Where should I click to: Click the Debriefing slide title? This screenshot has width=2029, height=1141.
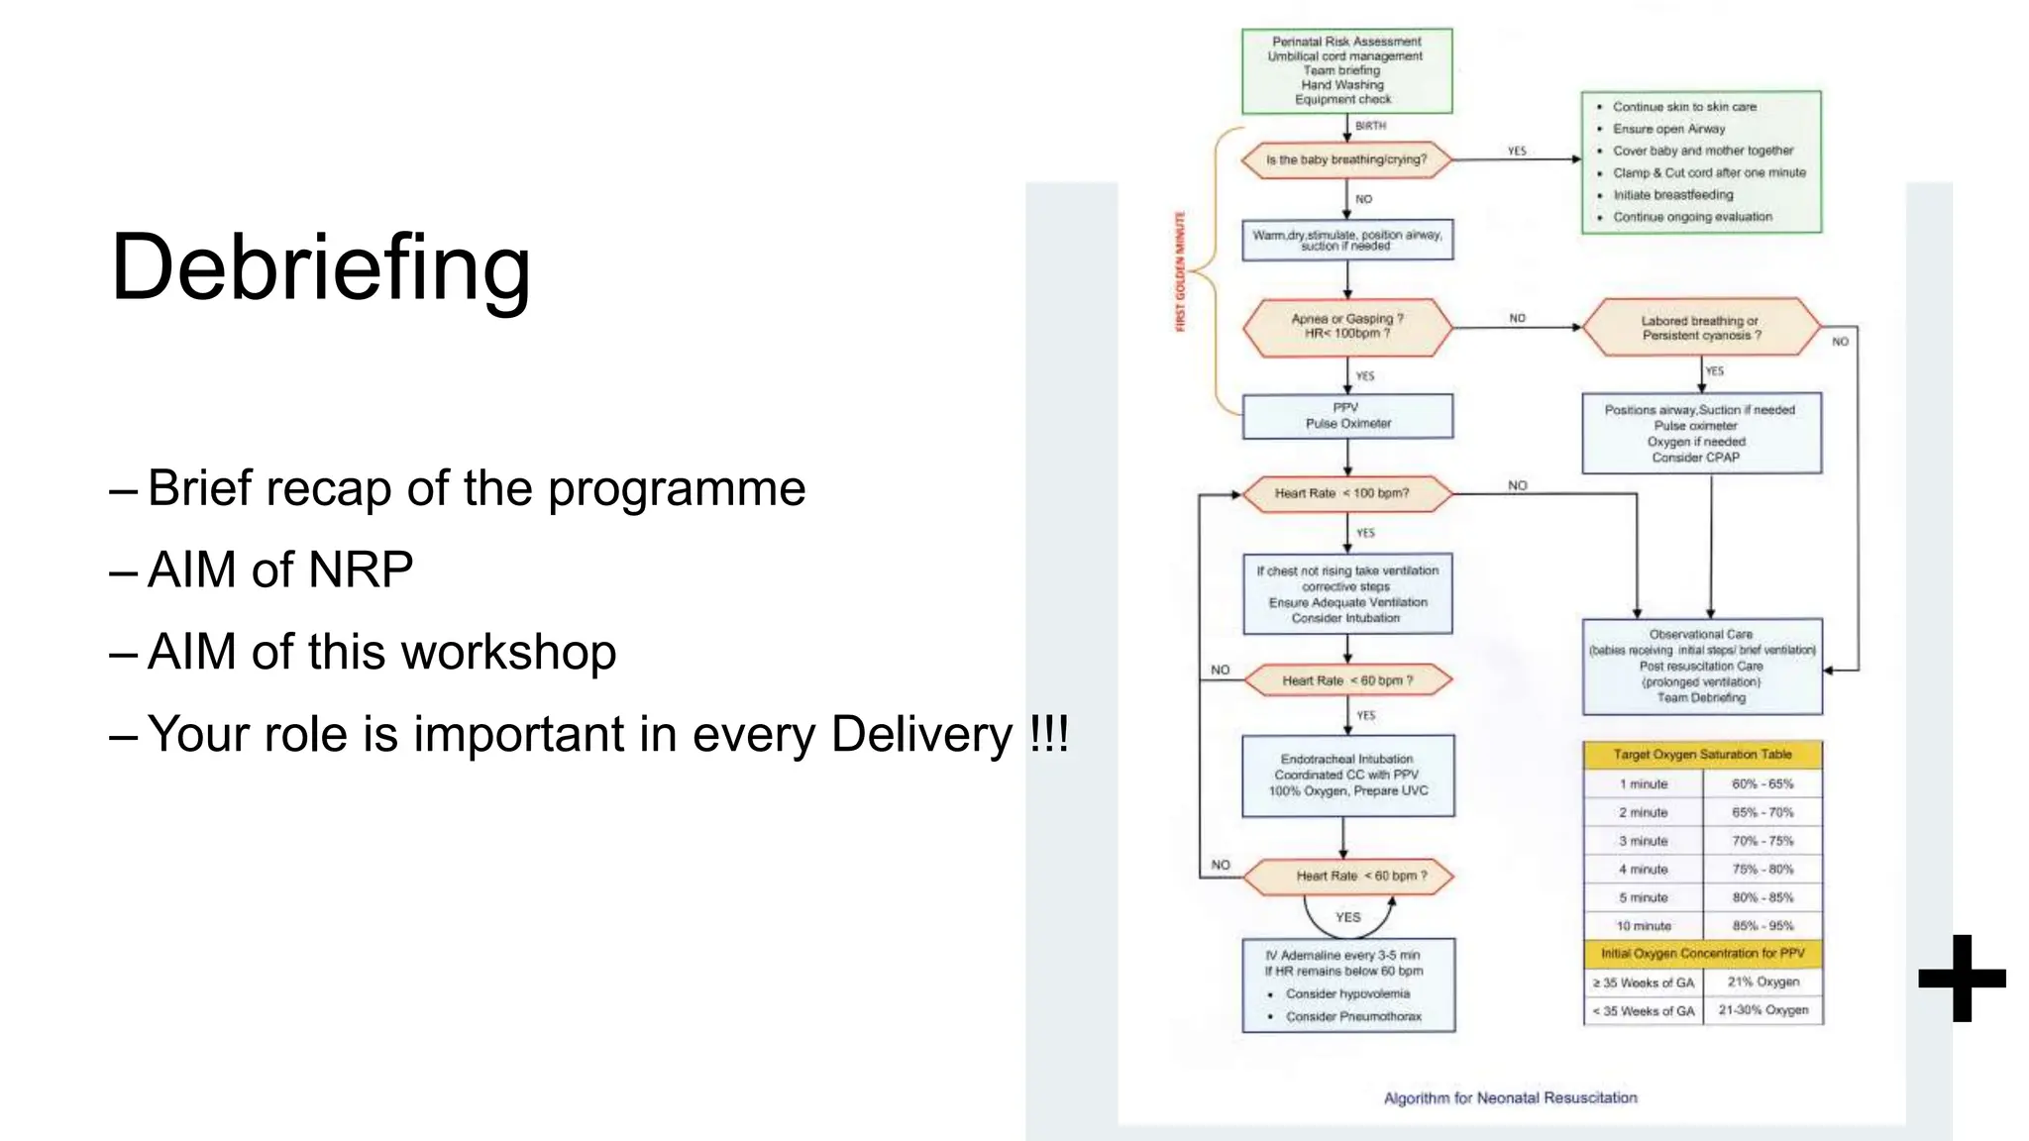(x=320, y=267)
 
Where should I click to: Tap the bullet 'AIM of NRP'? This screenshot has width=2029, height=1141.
(x=279, y=570)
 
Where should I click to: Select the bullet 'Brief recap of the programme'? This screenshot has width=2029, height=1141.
(x=476, y=488)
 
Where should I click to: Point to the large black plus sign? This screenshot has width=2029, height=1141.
(x=1962, y=979)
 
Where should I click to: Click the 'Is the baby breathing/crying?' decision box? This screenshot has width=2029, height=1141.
(x=1346, y=159)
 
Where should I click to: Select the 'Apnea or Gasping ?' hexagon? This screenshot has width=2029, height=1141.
(x=1346, y=327)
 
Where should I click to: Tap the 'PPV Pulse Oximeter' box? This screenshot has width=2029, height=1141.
(x=1347, y=416)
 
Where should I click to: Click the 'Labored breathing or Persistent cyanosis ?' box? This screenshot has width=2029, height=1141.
(x=1701, y=328)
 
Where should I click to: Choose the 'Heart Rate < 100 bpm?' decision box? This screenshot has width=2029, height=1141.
(x=1346, y=493)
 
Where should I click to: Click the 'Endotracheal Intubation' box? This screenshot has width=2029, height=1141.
(x=1347, y=775)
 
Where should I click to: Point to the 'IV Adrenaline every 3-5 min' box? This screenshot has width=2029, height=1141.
(x=1347, y=985)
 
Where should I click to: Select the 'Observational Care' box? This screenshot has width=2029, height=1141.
(x=1701, y=666)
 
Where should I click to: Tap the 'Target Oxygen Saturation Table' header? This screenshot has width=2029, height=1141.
(x=1702, y=755)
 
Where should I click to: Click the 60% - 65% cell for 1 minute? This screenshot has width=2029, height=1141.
(x=1762, y=783)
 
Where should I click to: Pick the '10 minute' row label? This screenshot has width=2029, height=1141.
(x=1644, y=926)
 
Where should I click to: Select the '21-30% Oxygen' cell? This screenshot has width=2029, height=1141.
(x=1762, y=1010)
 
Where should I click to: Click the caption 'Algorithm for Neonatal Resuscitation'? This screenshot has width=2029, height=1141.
(x=1510, y=1097)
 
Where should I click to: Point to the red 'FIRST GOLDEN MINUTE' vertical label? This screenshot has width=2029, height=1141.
(x=1180, y=271)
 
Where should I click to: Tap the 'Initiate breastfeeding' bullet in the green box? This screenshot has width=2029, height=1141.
(x=1673, y=195)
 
